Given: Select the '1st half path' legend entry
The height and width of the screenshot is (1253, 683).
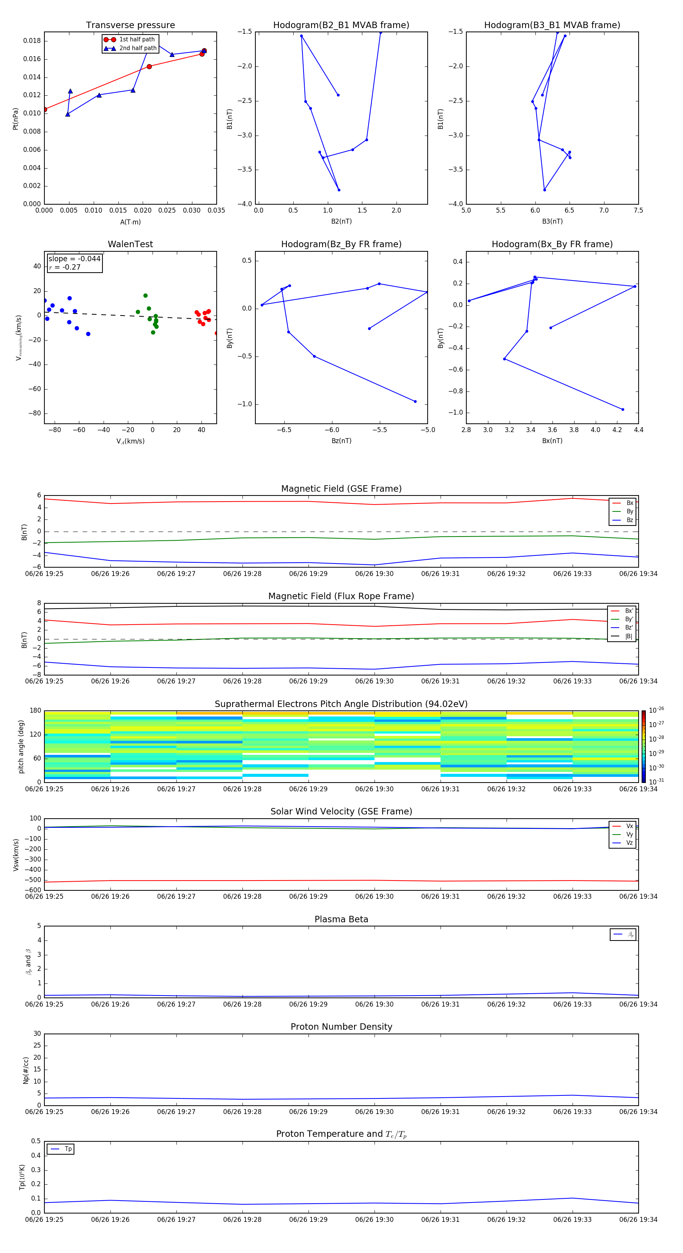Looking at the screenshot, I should pyautogui.click(x=137, y=39).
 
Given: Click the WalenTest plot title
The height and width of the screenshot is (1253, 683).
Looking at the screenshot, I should pyautogui.click(x=130, y=244).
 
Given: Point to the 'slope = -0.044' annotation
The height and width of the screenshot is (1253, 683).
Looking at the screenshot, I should pyautogui.click(x=74, y=259).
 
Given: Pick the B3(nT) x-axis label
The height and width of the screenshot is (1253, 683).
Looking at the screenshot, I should pyautogui.click(x=552, y=221).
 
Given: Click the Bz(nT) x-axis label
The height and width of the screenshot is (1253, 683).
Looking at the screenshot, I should pyautogui.click(x=341, y=441).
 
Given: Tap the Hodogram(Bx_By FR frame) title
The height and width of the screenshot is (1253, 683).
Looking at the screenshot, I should pyautogui.click(x=552, y=244).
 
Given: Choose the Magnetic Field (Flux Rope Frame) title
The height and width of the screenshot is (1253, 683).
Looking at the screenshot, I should pyautogui.click(x=341, y=597).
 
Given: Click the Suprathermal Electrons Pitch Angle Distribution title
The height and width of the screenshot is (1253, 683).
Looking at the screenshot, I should pyautogui.click(x=341, y=704).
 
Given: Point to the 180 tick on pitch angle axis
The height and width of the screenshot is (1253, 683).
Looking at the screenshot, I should pyautogui.click(x=36, y=711).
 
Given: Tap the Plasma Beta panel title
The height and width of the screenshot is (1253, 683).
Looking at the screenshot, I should pyautogui.click(x=341, y=919).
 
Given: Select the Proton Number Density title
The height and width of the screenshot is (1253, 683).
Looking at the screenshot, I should pyautogui.click(x=341, y=1027).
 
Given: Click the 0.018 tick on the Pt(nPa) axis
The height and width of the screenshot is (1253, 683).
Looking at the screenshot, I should pyautogui.click(x=32, y=41).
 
